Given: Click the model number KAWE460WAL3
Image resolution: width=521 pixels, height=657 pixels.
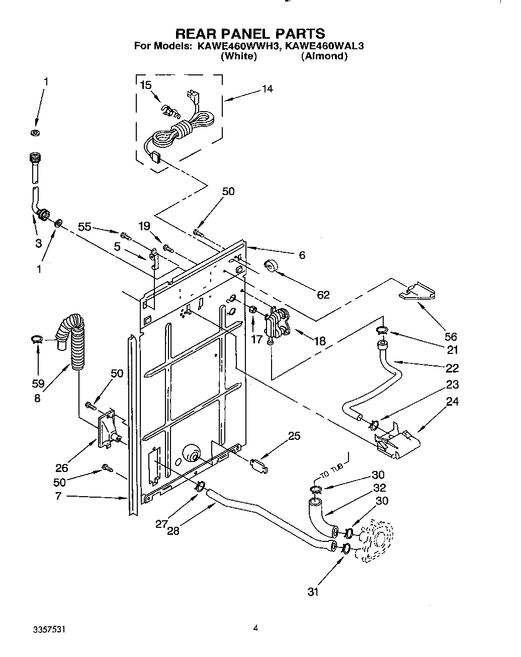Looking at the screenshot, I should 324,46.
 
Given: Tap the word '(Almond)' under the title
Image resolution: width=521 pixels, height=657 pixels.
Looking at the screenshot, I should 324,56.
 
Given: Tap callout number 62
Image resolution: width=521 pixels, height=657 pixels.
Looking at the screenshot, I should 323,295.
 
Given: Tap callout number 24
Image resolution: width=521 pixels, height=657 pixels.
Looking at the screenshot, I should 452,402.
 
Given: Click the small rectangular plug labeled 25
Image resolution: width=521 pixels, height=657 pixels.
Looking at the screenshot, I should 258,465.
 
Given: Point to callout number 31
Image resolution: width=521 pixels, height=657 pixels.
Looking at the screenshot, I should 313,592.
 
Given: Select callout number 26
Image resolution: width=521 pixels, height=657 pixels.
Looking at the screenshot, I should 61,468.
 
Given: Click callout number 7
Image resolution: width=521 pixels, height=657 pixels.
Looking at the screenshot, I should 59,497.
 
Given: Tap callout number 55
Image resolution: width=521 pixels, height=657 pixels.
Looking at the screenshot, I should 84,227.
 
